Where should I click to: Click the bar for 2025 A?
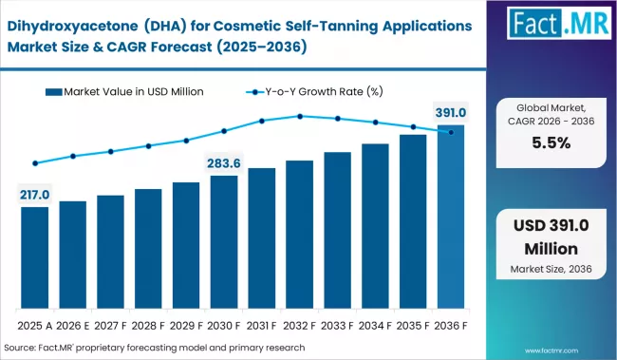tap(34, 258)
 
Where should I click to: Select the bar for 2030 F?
tap(224, 243)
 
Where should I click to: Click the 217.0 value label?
tap(34, 195)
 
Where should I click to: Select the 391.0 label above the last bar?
tap(451, 112)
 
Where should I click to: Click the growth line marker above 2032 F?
tap(300, 117)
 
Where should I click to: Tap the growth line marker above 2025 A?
tap(34, 163)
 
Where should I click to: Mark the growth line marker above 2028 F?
tap(148, 146)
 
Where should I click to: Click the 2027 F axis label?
tap(110, 324)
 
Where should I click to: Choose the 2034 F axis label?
tap(375, 324)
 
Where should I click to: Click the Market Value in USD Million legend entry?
tap(132, 91)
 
